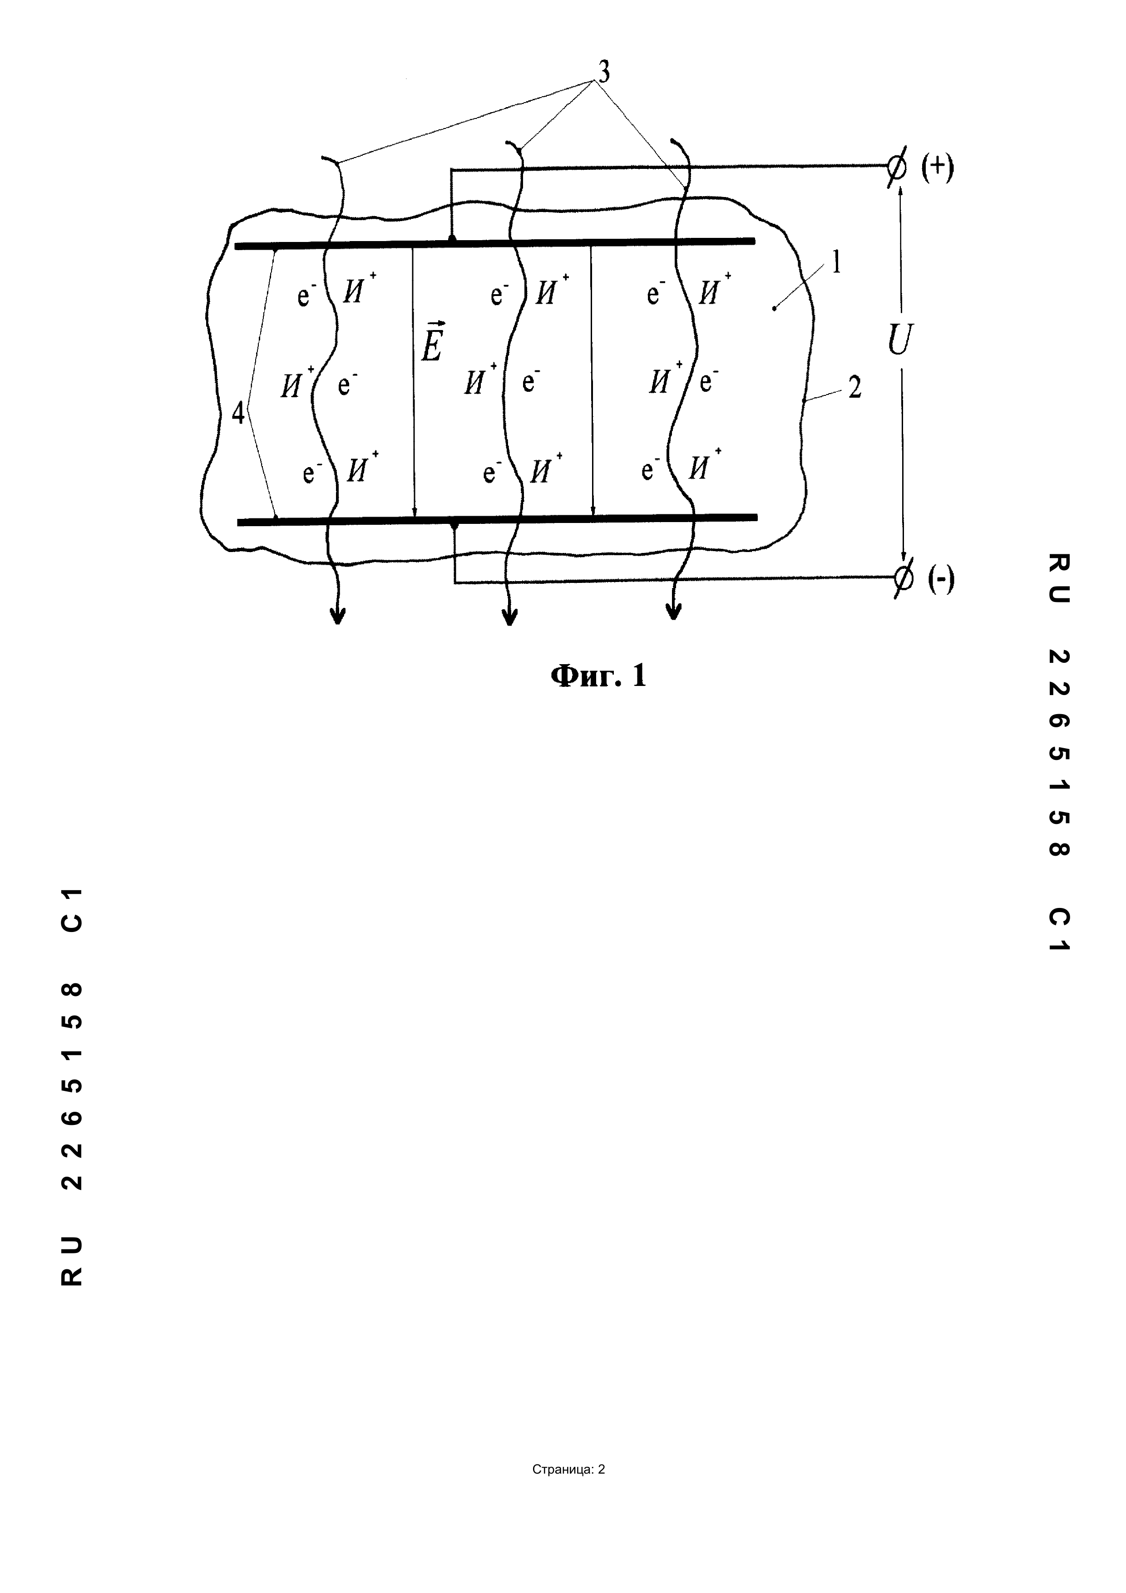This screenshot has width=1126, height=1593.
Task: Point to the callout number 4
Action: pyautogui.click(x=238, y=414)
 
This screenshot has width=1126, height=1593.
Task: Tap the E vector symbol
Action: pyautogui.click(x=431, y=340)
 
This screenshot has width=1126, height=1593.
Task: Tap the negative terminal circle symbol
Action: pyautogui.click(x=903, y=577)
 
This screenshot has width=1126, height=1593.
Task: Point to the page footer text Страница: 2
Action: pyautogui.click(x=568, y=1469)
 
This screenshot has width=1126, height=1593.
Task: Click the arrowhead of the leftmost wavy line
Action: pyautogui.click(x=337, y=616)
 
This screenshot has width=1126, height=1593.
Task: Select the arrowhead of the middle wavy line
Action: pyautogui.click(x=510, y=616)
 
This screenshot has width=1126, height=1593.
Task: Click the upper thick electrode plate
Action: pyautogui.click(x=495, y=243)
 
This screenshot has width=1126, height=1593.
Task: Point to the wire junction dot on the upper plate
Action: pyautogui.click(x=452, y=239)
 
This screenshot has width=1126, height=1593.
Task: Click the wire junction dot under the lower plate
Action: pyautogui.click(x=454, y=528)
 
